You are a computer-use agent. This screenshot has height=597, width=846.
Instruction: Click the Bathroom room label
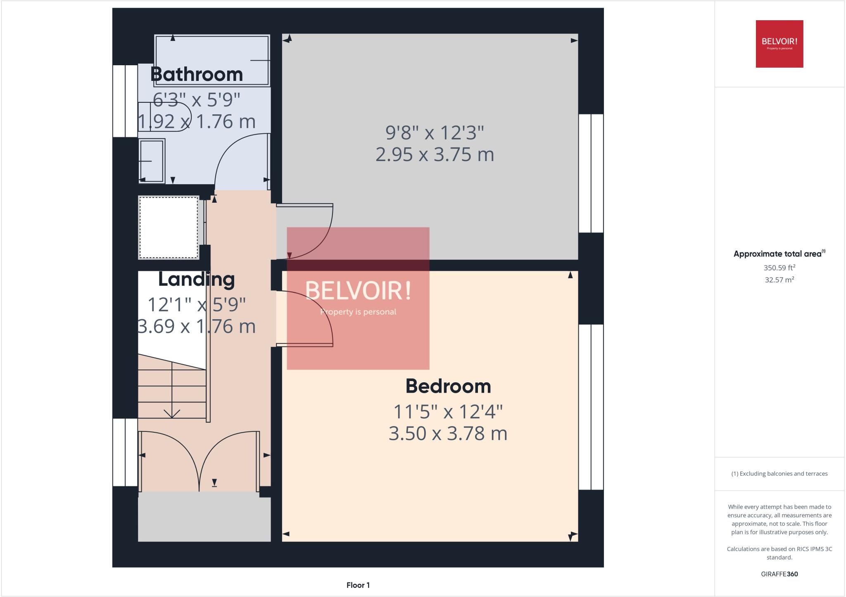tap(197, 74)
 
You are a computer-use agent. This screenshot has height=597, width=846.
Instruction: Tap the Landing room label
tap(197, 280)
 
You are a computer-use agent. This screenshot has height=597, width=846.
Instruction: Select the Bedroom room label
tap(448, 386)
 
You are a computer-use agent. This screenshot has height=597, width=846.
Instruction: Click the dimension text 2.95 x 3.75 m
tap(435, 154)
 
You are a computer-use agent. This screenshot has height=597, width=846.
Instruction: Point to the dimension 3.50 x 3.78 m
tap(448, 434)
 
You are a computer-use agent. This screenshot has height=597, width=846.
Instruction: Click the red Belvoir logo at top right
tap(779, 44)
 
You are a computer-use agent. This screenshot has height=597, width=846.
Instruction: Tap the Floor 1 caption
tap(358, 585)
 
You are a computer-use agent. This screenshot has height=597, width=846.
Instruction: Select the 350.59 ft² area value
tap(779, 268)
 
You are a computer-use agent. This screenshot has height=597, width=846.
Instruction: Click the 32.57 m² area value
tap(779, 280)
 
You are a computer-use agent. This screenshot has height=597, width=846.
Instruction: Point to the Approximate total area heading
tap(779, 254)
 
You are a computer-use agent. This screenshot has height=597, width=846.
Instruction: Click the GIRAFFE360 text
tap(779, 574)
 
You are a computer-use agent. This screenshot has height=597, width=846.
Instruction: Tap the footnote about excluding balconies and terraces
tap(779, 474)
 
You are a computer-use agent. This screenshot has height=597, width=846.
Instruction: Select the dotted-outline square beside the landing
tap(169, 227)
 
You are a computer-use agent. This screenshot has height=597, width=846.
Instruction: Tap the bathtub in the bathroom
tap(212, 60)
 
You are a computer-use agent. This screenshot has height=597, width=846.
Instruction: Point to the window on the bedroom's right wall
tap(591, 407)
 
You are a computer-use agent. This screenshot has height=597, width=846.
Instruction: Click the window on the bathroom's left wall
tap(125, 101)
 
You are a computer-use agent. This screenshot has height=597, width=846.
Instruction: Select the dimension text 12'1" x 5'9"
tap(197, 305)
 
